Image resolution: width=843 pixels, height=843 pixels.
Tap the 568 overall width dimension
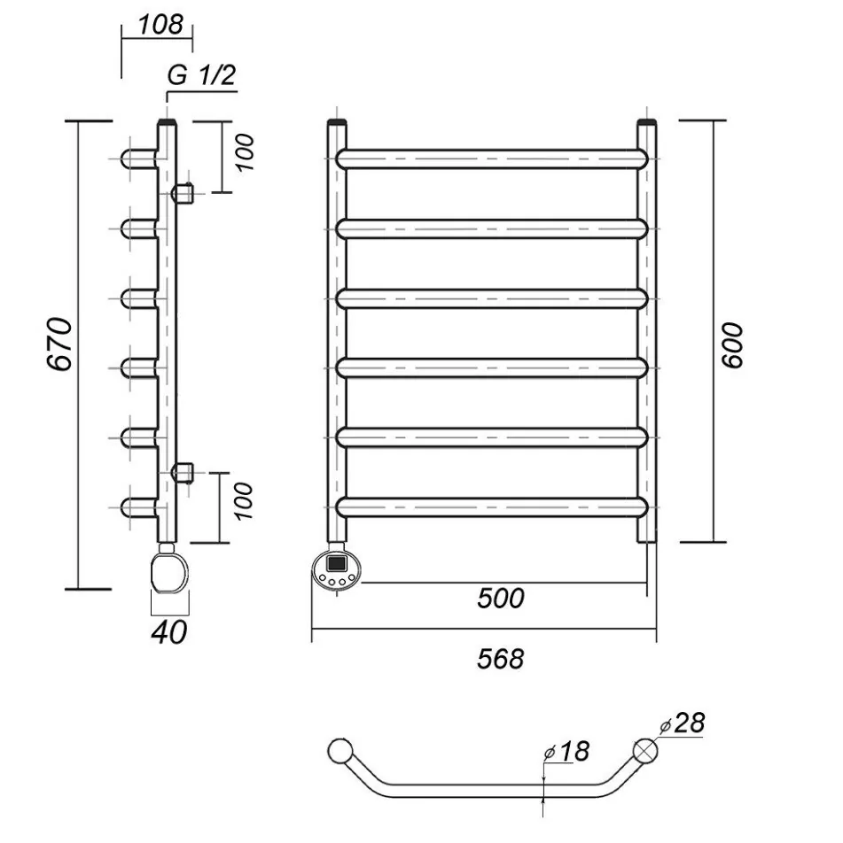point(501,659)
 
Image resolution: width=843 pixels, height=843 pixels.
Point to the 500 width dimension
point(501,599)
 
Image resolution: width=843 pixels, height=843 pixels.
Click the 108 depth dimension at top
point(161,24)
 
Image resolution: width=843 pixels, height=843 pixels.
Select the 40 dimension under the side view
point(168,632)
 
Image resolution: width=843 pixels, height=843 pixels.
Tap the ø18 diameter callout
point(567,752)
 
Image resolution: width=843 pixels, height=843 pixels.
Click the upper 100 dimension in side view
point(246,153)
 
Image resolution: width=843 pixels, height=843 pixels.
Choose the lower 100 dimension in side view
point(246,501)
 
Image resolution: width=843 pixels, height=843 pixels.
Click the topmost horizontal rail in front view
point(493,159)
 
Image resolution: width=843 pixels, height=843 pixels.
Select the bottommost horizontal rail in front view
point(493,507)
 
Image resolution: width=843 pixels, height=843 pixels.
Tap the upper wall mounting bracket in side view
point(183,191)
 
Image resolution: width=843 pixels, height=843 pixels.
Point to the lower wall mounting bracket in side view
point(183,471)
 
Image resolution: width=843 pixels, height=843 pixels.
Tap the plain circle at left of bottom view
point(339,751)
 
